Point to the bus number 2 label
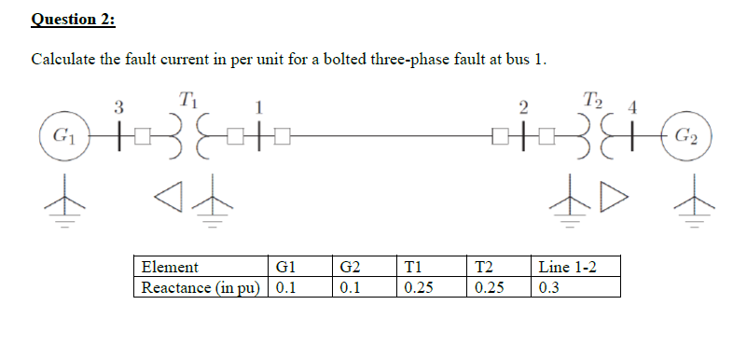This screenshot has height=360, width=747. coord(523,104)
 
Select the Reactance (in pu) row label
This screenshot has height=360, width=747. coord(201,287)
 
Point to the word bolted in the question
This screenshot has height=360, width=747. coord(344,61)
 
